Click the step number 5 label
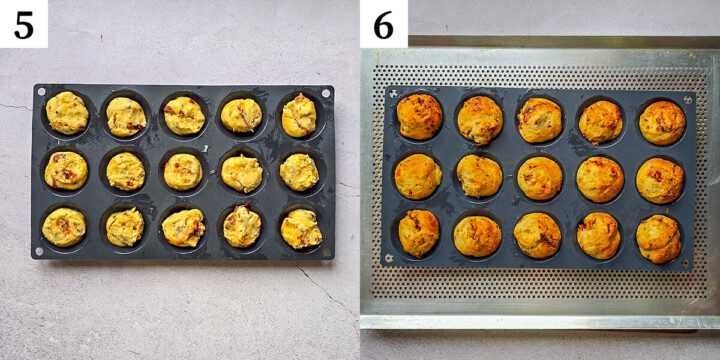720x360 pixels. tap(23, 24)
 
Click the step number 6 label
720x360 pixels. tap(384, 24)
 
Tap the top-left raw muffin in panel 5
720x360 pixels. tap(67, 113)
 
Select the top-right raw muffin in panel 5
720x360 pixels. tap(299, 115)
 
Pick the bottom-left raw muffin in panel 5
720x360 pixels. tap(64, 227)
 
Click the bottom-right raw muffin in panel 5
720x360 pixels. tap(301, 229)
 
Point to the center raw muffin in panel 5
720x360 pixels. tap(183, 171)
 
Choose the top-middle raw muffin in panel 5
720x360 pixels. tap(184, 115)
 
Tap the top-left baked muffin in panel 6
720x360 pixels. tap(420, 116)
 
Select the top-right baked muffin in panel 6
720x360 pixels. tap(662, 122)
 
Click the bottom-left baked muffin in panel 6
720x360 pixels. tap(419, 233)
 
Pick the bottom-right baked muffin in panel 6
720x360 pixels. tap(659, 239)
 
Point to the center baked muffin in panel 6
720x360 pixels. tap(540, 178)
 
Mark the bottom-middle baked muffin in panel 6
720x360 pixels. tap(538, 236)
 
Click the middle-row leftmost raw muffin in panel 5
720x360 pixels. tap(66, 170)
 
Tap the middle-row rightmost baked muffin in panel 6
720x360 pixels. tap(660, 180)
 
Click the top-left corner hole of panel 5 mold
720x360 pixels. tap(41, 92)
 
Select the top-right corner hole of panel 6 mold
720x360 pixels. tap(688, 99)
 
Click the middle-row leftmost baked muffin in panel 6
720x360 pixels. tap(417, 176)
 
